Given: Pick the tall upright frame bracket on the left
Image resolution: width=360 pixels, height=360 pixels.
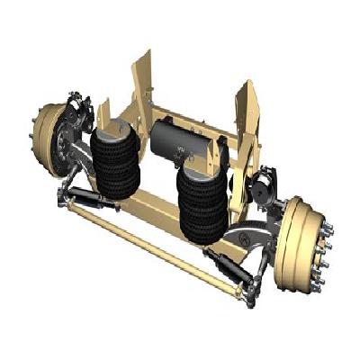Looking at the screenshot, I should coord(142,85).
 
